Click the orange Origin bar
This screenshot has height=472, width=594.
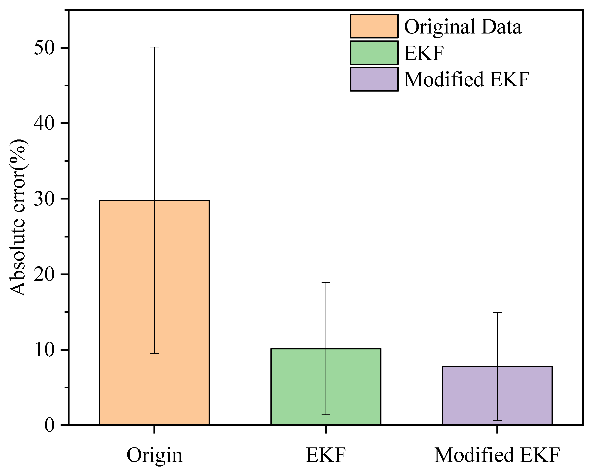154,312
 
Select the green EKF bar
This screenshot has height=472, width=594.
326,387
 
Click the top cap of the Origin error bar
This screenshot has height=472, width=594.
154,47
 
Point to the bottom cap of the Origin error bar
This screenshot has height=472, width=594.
154,354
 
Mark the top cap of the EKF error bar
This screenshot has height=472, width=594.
326,283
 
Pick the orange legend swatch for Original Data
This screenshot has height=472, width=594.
374,26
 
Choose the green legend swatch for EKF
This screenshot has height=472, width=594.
374,53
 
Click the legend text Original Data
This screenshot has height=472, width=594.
463,27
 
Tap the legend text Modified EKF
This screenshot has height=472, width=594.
467,80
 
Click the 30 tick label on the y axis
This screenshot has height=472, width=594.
43,199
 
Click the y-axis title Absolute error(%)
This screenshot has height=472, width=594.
18,218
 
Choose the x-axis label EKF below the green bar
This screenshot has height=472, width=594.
326,455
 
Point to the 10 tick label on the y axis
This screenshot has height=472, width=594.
43,350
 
